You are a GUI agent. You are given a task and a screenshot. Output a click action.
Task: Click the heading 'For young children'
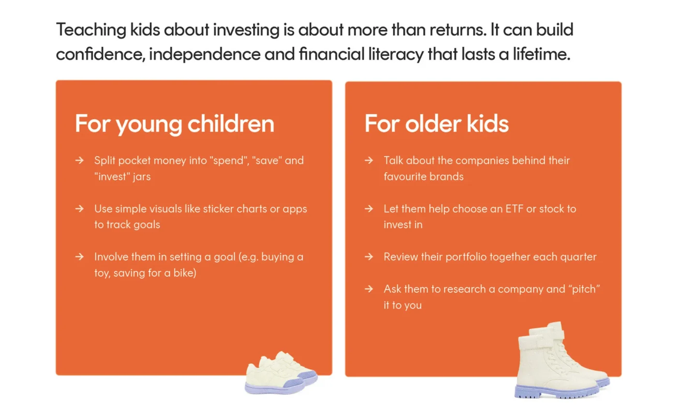click(175, 124)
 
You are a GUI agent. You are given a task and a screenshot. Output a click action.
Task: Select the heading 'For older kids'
click(436, 123)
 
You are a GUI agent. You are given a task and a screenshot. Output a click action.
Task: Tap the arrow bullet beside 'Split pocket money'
click(79, 160)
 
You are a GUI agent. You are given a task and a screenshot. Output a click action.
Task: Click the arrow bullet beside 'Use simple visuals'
click(79, 208)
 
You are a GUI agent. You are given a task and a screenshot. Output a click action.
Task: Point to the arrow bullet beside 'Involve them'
click(79, 257)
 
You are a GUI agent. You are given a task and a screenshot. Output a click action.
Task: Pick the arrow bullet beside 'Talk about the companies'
click(368, 160)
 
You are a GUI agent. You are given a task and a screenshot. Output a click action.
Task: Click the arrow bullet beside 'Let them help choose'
click(368, 208)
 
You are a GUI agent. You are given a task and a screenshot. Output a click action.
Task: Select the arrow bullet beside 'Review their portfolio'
click(368, 257)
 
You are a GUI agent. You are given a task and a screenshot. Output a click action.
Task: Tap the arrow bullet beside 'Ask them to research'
click(368, 289)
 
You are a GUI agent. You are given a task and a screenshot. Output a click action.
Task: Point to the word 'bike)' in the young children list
click(185, 273)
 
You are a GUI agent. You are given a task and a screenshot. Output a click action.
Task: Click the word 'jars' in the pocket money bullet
click(142, 177)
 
